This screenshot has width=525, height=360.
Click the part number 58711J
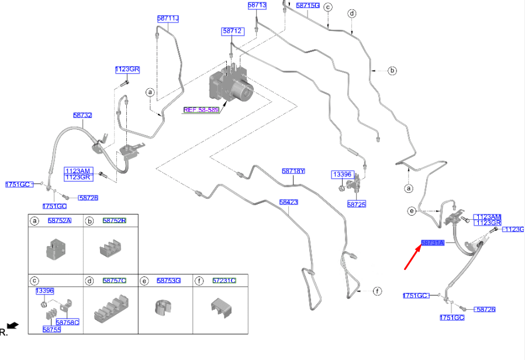[x=168, y=19]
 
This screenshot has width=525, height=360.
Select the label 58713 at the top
[x=257, y=5]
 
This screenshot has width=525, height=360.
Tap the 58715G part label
[x=308, y=5]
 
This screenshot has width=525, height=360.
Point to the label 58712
[x=232, y=30]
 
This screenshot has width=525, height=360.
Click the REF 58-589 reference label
[x=201, y=109]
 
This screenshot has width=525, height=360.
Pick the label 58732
[x=82, y=116]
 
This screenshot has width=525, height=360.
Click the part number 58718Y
[x=293, y=171]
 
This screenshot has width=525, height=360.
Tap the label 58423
[x=289, y=202]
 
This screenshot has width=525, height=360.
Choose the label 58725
[x=356, y=205]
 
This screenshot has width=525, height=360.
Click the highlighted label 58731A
[x=433, y=243]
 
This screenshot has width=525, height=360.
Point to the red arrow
[x=412, y=258]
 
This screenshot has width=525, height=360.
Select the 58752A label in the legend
[x=59, y=220]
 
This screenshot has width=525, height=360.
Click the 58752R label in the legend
[x=114, y=220]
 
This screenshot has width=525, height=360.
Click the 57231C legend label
[x=224, y=281]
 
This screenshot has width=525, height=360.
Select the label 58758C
[x=67, y=323]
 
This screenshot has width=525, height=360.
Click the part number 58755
[x=51, y=330]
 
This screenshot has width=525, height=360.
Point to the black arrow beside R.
[x=13, y=325]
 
